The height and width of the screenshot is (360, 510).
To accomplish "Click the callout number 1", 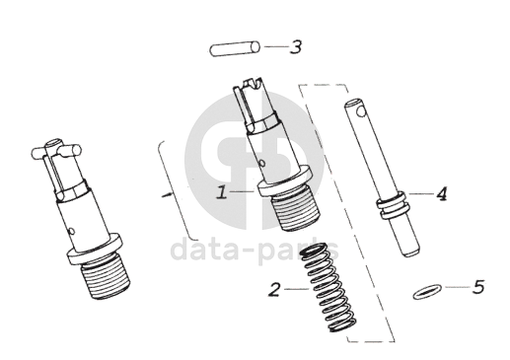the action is pyautogui.click(x=222, y=192).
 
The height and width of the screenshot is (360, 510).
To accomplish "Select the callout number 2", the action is pyautogui.click(x=274, y=289).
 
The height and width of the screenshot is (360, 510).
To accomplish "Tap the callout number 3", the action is pyautogui.click(x=296, y=46).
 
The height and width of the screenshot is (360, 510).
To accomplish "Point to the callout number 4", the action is pyautogui.click(x=442, y=193).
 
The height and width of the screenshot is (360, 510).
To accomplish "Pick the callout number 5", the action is pyautogui.click(x=478, y=287).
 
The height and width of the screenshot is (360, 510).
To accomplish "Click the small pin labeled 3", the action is pyautogui.click(x=235, y=48).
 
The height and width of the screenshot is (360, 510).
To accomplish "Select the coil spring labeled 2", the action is pyautogui.click(x=328, y=288).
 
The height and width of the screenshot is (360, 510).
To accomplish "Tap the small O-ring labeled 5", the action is pyautogui.click(x=426, y=292).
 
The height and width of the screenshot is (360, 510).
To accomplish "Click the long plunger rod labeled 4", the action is pyautogui.click(x=382, y=178).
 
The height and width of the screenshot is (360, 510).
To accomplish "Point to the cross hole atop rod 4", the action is pyautogui.click(x=362, y=111).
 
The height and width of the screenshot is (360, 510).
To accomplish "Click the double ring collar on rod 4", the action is pyautogui.click(x=393, y=205).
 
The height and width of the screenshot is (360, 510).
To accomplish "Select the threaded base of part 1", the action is pyautogui.click(x=296, y=210).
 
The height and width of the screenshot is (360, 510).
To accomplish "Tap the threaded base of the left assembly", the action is pyautogui.click(x=106, y=277).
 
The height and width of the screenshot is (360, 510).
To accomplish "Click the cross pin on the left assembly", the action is pyautogui.click(x=56, y=151).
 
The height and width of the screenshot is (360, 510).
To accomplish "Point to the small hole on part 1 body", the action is pyautogui.click(x=262, y=163).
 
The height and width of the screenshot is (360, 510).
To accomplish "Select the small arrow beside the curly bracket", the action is pyautogui.click(x=168, y=194).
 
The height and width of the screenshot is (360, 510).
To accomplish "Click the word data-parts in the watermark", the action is pyautogui.click(x=255, y=252).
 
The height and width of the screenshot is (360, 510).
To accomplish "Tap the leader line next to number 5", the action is pyautogui.click(x=458, y=287).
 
